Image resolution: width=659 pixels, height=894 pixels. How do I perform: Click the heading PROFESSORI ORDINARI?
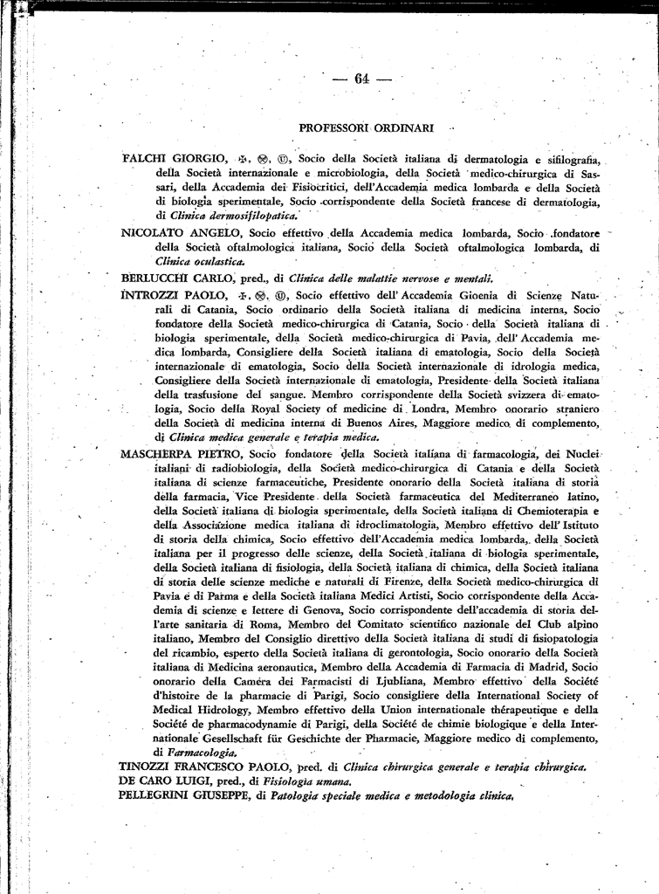366,127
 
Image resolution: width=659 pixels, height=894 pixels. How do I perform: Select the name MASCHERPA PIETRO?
183,455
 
